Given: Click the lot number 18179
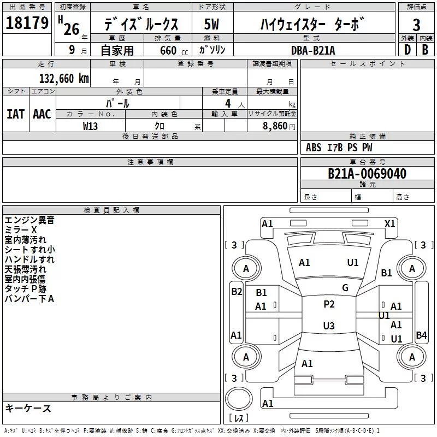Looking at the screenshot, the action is (x=27, y=23).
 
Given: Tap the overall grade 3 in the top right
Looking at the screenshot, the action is (x=416, y=25).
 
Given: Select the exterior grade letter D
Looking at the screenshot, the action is (x=408, y=50).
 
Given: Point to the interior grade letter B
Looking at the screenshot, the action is (x=425, y=50).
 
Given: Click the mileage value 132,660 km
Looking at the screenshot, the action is (x=64, y=79).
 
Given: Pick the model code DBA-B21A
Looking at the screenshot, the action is (x=313, y=50).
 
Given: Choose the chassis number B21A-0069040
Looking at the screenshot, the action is (x=367, y=174).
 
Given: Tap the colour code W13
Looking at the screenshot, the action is (x=90, y=126).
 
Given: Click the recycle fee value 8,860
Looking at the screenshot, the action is (x=275, y=126).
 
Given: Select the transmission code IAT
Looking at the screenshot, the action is (x=16, y=114).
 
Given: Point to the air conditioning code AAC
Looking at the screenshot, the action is (x=42, y=114).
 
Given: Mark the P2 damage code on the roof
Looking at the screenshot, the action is (x=329, y=304).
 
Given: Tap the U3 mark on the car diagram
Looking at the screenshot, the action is (x=329, y=326).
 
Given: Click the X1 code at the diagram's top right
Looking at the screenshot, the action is (x=389, y=224).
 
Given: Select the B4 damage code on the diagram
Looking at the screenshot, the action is (x=421, y=335).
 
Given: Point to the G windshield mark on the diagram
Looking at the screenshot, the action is (x=345, y=287).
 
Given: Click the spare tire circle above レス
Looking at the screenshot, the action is (x=239, y=399).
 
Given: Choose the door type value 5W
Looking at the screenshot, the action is (x=211, y=24).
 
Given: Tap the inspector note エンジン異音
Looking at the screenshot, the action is (x=29, y=220).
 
